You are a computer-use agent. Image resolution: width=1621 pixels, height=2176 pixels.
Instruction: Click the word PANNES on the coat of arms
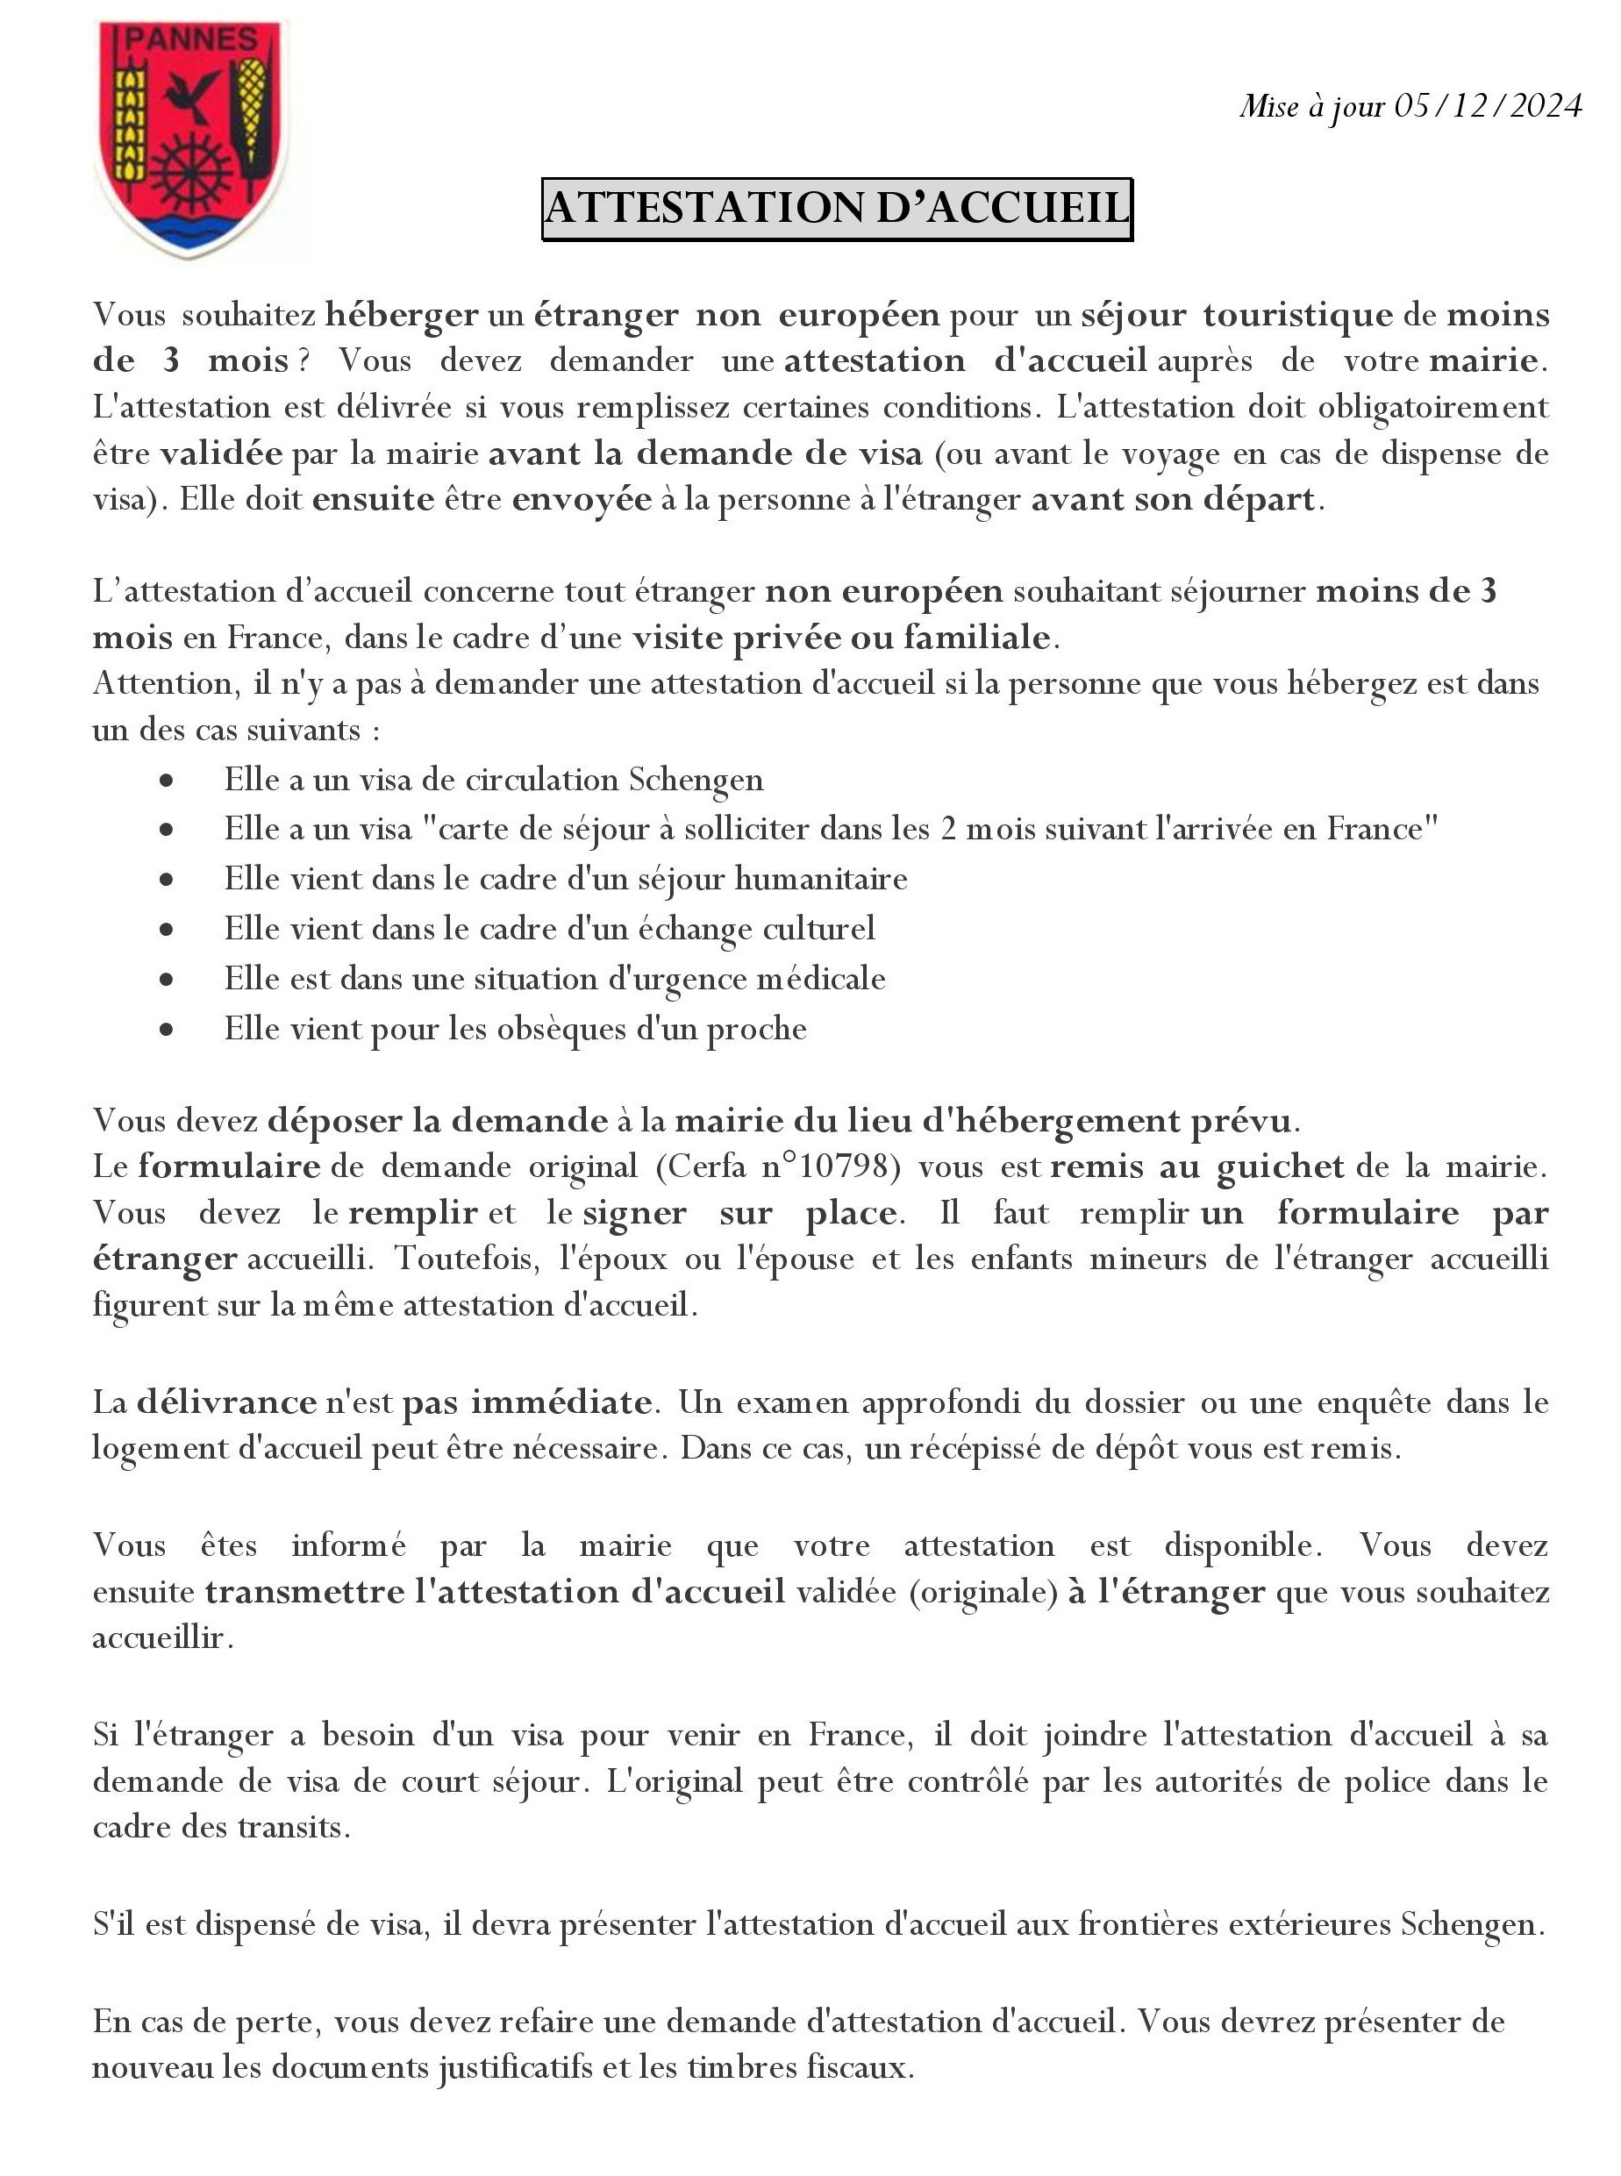pyautogui.click(x=192, y=40)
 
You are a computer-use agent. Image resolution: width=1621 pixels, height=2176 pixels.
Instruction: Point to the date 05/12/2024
pyautogui.click(x=1488, y=106)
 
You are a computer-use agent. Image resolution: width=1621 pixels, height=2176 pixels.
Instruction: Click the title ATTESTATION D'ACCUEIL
pyautogui.click(x=837, y=208)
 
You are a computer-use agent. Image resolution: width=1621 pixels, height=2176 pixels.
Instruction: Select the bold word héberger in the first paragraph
pyautogui.click(x=403, y=316)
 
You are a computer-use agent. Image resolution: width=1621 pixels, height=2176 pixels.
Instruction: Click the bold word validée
pyautogui.click(x=221, y=454)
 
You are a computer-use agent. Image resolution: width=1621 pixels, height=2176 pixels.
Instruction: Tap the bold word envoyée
pyautogui.click(x=582, y=500)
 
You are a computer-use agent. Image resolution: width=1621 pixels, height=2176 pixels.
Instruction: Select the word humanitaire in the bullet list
pyautogui.click(x=821, y=879)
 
